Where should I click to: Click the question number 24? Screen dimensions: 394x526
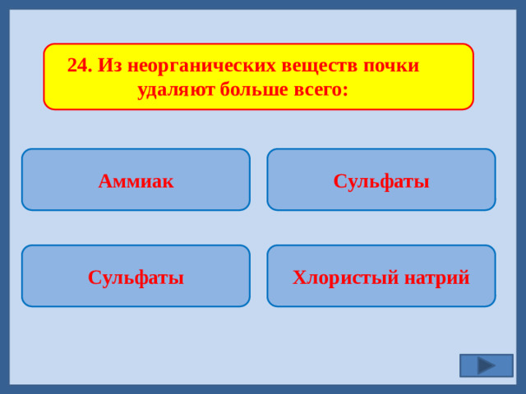pos(79,66)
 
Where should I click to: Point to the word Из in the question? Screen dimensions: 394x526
pos(109,66)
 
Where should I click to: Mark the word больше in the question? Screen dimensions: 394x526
pos(255,89)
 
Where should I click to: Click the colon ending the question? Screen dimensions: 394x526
pos(346,90)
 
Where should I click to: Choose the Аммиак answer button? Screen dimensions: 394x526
pos(136,181)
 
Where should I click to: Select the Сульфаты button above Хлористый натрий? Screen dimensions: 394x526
pos(381,181)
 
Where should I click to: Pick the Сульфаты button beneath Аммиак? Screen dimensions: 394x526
pos(136,277)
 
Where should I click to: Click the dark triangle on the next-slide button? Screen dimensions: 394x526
pos(486,365)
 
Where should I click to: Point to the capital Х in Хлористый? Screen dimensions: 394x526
pos(298,277)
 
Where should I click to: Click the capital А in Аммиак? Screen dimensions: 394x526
pos(104,181)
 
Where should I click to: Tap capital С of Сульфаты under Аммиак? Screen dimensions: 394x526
pos(94,277)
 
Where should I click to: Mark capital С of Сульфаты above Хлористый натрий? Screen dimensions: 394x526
pos(339,181)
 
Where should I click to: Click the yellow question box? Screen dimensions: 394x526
pos(258,76)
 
